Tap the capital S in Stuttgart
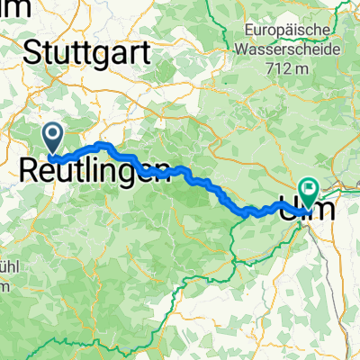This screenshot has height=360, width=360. pyautogui.click(x=31, y=51)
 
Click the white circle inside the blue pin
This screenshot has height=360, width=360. pyautogui.click(x=52, y=136)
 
